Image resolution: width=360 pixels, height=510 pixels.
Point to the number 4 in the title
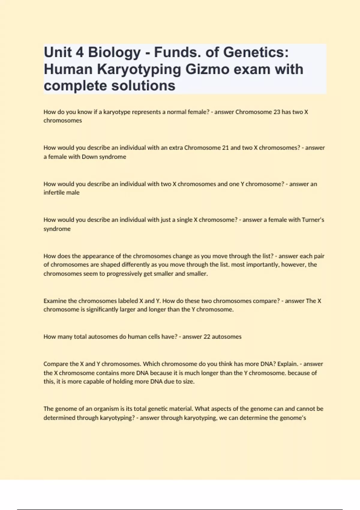coord(79,53)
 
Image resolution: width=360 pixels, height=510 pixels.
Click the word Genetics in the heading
coord(256,53)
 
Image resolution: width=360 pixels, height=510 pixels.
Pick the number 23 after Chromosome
coord(276,112)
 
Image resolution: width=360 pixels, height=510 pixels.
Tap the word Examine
coord(55,301)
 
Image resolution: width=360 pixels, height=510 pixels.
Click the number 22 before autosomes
coord(207,337)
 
